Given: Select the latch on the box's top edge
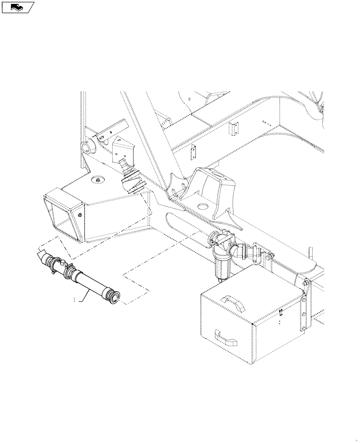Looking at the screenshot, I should pos(282,314).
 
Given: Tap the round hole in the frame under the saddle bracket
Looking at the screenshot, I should pos(204,206).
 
